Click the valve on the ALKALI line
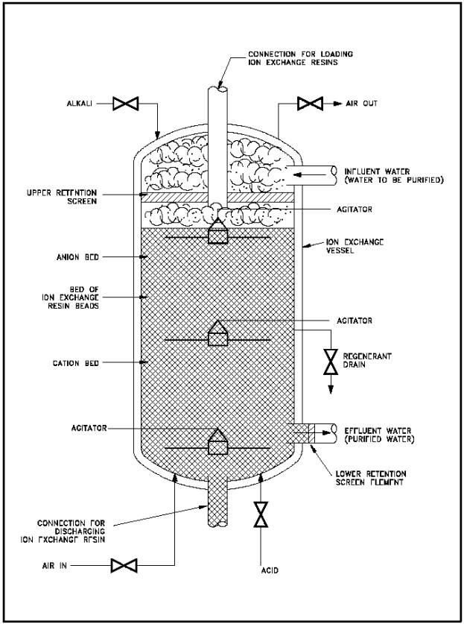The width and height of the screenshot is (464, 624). tap(125, 104)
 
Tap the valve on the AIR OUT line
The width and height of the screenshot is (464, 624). tap(310, 104)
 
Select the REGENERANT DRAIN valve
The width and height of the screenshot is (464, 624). tap(331, 362)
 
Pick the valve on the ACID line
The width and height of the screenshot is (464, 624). tap(261, 514)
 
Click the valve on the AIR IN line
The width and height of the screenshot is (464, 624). tap(124, 566)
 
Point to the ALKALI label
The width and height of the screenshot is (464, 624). tap(79, 104)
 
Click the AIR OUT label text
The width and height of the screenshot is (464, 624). tap(361, 104)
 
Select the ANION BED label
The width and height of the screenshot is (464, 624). tap(77, 257)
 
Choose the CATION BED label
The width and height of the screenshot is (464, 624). tap(75, 363)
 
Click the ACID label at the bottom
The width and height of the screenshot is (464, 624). tap(269, 570)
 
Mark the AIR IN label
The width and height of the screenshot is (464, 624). tap(54, 566)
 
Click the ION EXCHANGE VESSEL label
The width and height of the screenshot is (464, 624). tap(355, 246)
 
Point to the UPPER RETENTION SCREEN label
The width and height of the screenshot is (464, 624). tap(62, 198)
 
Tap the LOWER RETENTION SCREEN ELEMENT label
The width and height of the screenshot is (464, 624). tap(371, 478)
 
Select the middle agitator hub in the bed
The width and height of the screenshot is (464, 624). tap(218, 333)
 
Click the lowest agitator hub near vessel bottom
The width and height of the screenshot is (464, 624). tap(218, 441)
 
